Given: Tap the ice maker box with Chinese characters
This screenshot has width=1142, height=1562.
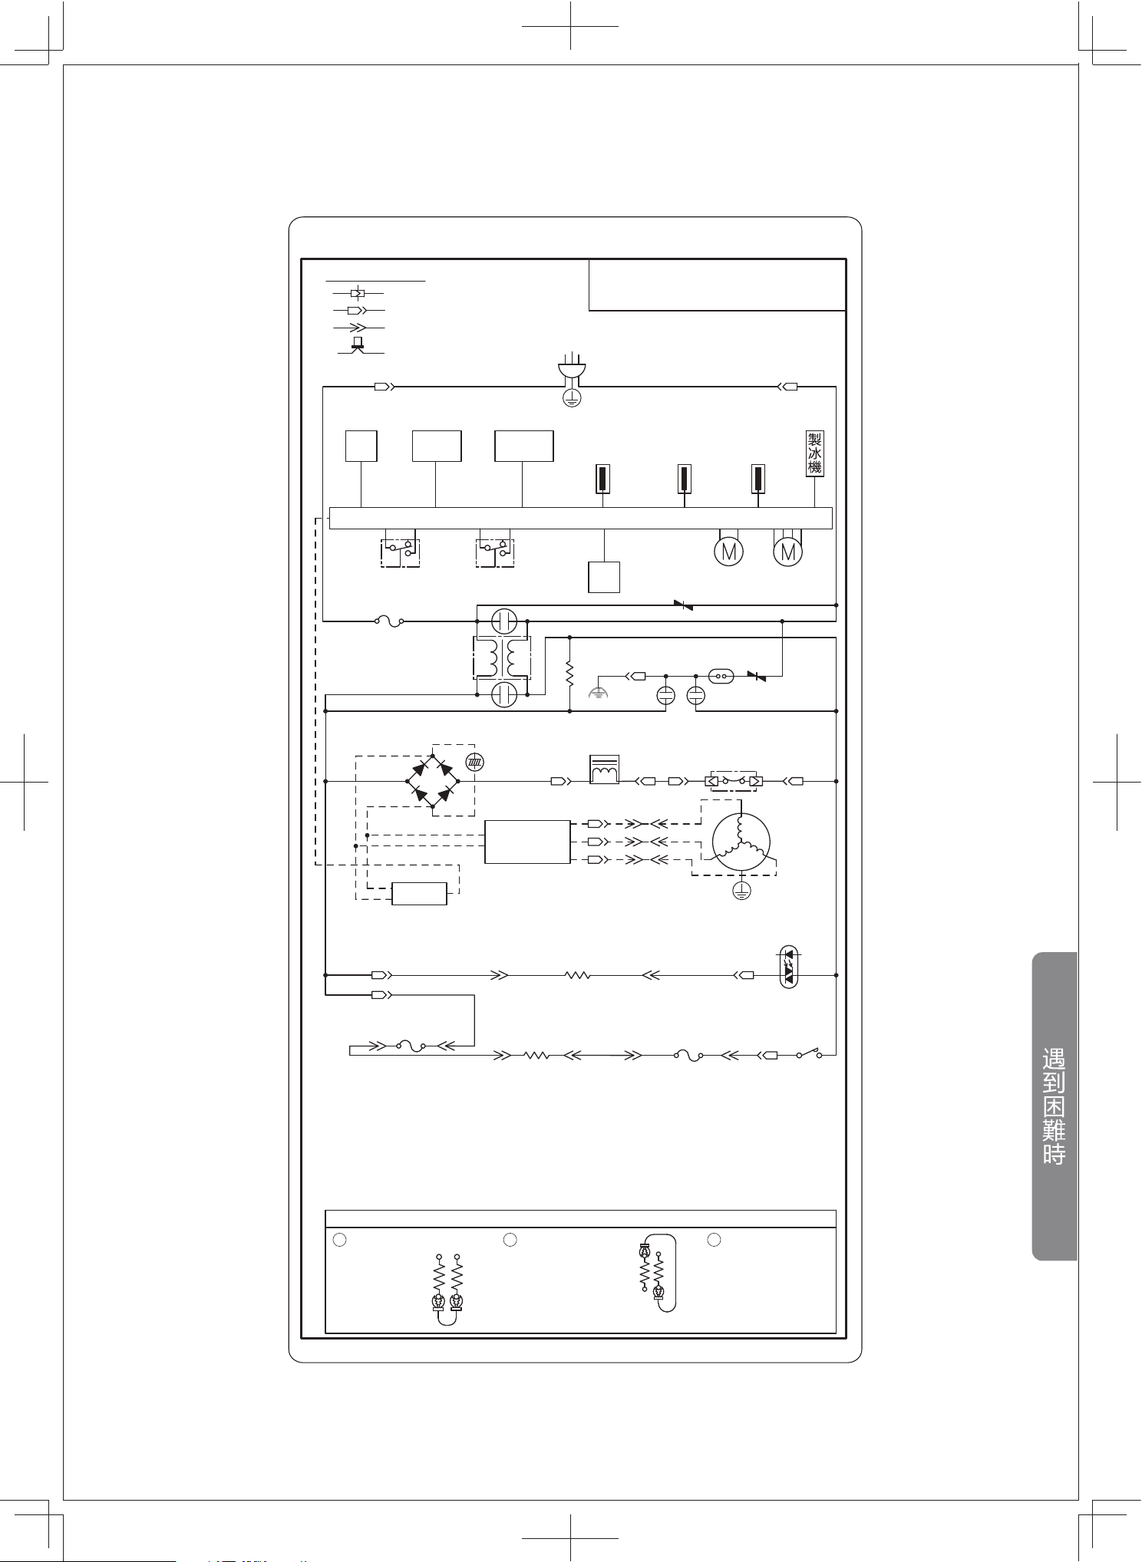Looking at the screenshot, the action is click(x=814, y=453).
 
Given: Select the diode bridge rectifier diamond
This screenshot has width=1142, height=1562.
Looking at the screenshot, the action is click(x=432, y=781).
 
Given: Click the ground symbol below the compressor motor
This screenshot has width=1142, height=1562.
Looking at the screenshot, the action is click(x=742, y=890).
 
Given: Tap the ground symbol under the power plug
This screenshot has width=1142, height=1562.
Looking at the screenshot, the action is click(x=570, y=397).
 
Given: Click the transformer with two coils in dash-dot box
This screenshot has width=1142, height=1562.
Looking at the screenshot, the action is click(x=502, y=657).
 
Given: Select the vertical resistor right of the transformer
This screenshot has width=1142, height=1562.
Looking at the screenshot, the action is click(x=570, y=674).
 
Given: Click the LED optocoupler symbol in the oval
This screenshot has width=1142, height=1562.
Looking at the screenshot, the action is click(x=790, y=968).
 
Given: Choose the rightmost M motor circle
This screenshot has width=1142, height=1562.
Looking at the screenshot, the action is click(x=787, y=551).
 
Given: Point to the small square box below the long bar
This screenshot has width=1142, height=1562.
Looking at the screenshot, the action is click(x=604, y=577).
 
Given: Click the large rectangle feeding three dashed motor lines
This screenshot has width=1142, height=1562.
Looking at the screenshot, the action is click(x=528, y=842).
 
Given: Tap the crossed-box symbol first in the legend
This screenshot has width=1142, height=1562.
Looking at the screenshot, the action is click(x=357, y=293).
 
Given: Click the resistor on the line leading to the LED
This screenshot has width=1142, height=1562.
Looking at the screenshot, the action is click(x=576, y=975).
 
